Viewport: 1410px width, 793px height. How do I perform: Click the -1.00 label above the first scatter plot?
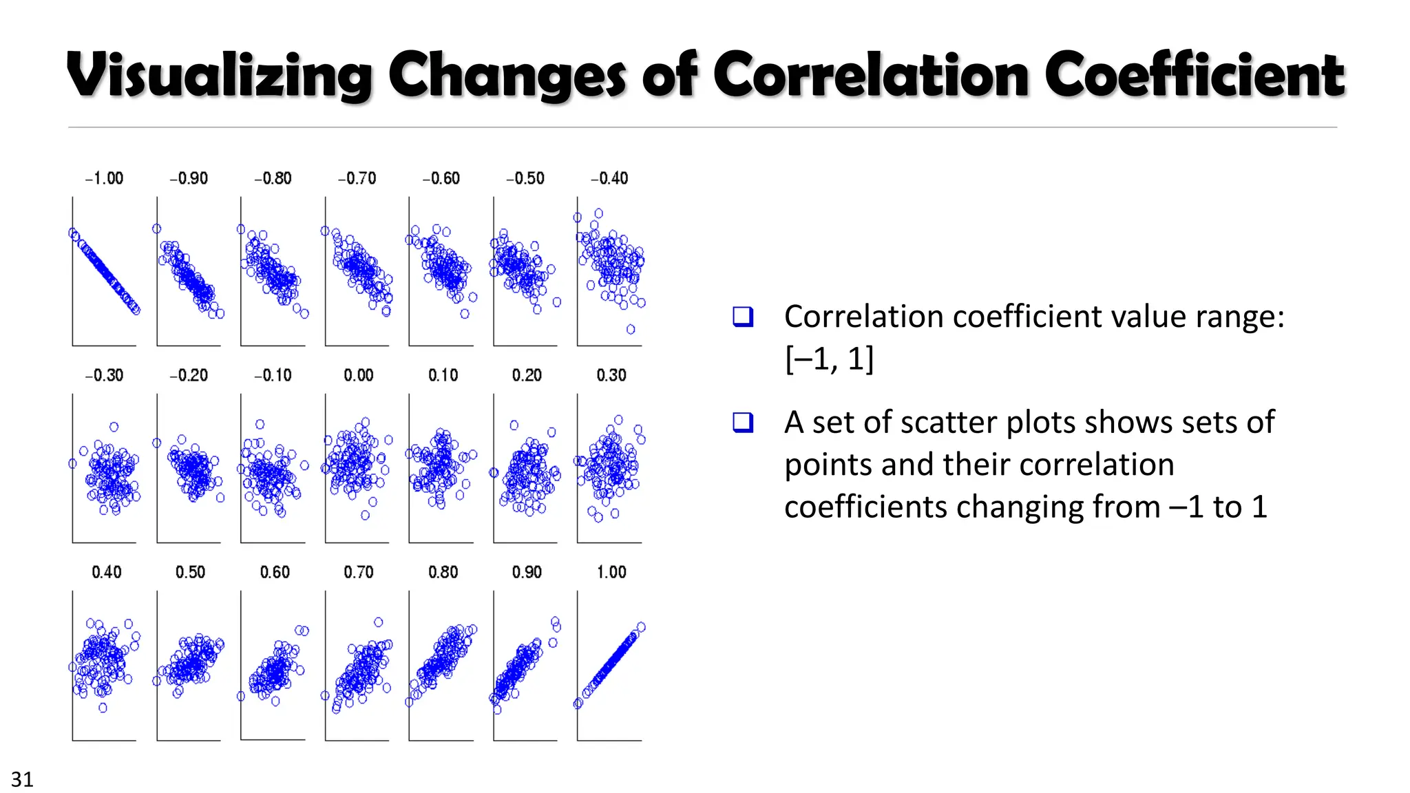(104, 178)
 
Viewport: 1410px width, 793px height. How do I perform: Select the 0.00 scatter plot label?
(358, 375)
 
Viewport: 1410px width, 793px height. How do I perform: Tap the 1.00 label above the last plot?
(611, 572)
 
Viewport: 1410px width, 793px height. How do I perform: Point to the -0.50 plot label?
(525, 178)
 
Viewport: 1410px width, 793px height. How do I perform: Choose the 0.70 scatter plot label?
(358, 572)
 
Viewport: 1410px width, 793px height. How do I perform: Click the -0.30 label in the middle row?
(104, 375)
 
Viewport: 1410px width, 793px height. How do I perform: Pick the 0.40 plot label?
(106, 572)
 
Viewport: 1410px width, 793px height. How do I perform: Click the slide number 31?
(22, 779)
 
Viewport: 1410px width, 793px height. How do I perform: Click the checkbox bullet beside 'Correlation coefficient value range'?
(743, 317)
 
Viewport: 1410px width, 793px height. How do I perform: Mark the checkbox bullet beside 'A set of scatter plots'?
(743, 422)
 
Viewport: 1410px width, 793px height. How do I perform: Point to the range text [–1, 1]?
(829, 359)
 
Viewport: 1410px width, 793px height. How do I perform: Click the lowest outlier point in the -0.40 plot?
(631, 329)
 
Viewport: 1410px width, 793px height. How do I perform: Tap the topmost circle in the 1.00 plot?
(641, 626)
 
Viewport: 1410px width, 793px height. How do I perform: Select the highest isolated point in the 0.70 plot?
(378, 622)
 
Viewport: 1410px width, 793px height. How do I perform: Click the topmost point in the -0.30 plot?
(114, 427)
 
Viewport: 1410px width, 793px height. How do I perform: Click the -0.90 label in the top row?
(188, 178)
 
